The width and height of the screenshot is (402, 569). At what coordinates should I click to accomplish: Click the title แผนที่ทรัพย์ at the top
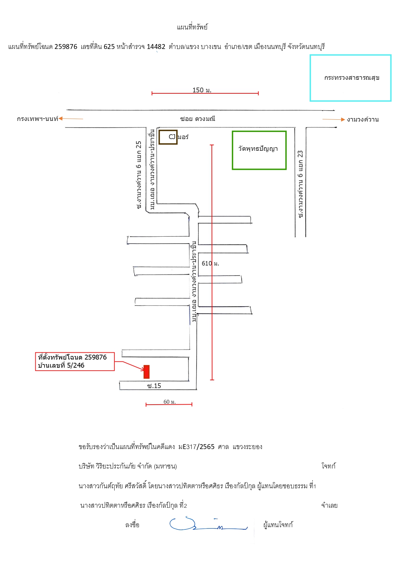[x=192, y=27]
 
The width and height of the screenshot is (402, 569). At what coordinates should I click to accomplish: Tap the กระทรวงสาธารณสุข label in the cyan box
[x=352, y=78]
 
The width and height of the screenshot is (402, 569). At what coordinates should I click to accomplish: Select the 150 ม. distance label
[x=202, y=90]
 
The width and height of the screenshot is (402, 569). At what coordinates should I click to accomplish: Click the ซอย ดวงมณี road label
[x=198, y=119]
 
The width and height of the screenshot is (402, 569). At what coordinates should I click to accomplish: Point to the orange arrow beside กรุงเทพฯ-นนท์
[x=71, y=119]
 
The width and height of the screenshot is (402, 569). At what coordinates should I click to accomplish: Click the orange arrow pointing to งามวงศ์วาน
[x=334, y=119]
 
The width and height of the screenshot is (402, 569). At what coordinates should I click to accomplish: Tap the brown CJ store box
[x=168, y=137]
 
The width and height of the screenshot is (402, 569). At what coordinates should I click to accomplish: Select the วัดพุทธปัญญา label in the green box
[x=258, y=149]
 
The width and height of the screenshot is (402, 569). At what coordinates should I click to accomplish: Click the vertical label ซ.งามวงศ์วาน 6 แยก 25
[x=139, y=175]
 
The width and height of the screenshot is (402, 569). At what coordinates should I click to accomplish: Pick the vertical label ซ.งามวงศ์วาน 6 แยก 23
[x=300, y=184]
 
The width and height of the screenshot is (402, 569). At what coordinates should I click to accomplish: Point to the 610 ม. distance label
[x=210, y=264]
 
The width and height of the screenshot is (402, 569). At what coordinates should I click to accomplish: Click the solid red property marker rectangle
[x=146, y=372]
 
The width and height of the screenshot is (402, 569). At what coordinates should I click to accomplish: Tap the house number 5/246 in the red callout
[x=75, y=365]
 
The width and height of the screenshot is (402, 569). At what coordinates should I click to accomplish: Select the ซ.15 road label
[x=154, y=386]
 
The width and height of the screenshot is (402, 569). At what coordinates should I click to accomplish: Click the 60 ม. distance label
[x=169, y=402]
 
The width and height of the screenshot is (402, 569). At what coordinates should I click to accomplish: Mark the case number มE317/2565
[x=196, y=447]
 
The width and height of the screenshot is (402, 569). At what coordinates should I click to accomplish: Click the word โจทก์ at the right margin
[x=328, y=466]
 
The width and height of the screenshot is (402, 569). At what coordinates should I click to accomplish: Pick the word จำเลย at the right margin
[x=329, y=505]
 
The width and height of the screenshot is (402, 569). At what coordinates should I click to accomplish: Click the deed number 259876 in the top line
[x=66, y=47]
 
